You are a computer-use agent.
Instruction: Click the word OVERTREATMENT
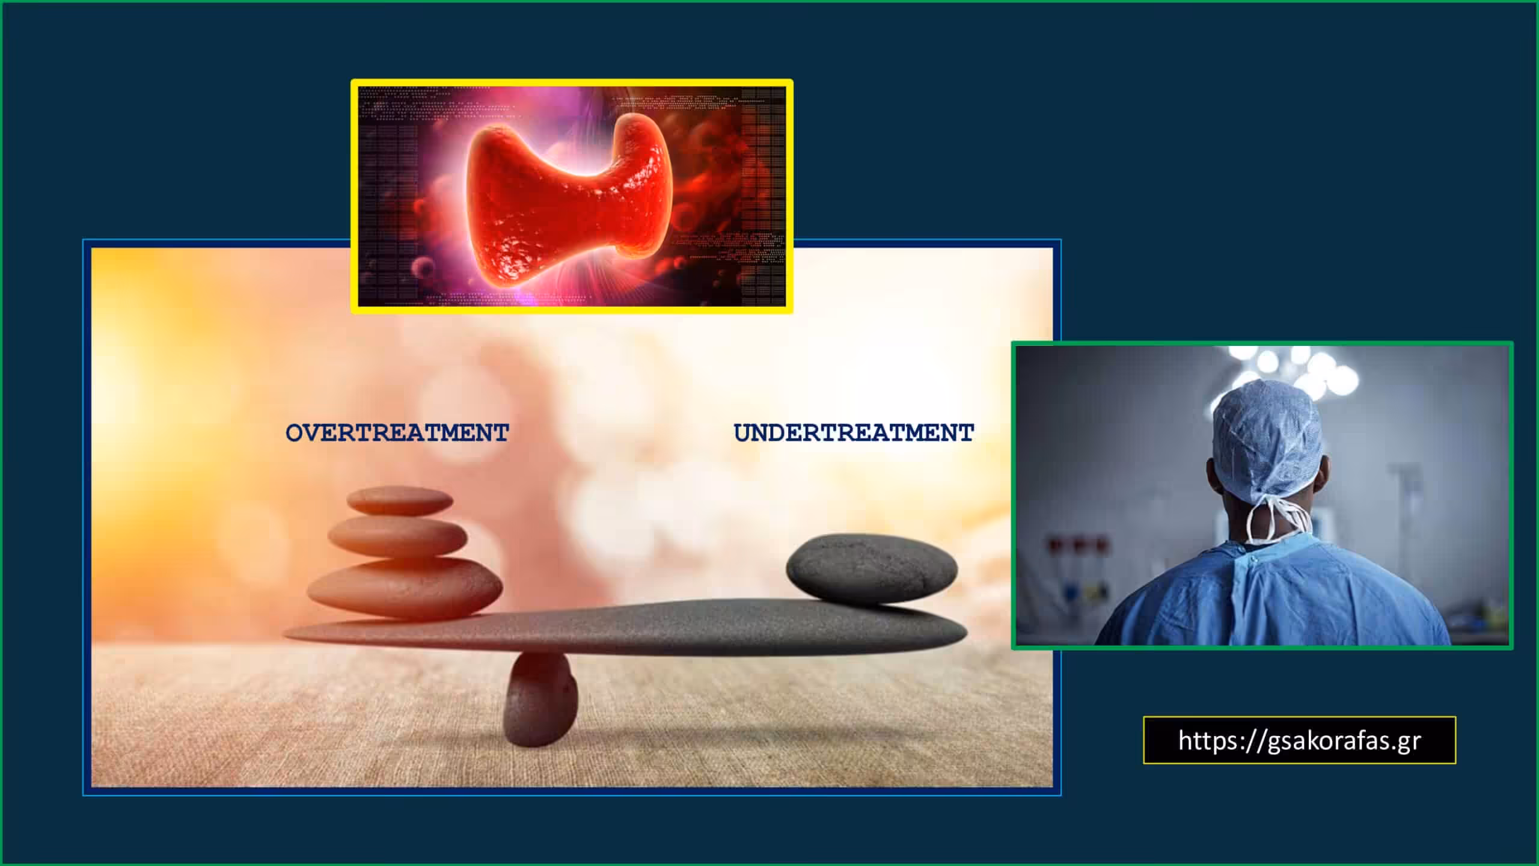coord(397,433)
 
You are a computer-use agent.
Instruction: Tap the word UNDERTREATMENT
coord(854,433)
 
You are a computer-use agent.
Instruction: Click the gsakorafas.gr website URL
coord(1300,740)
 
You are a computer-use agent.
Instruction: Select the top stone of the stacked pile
coord(400,501)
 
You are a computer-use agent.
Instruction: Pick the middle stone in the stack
coord(397,536)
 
